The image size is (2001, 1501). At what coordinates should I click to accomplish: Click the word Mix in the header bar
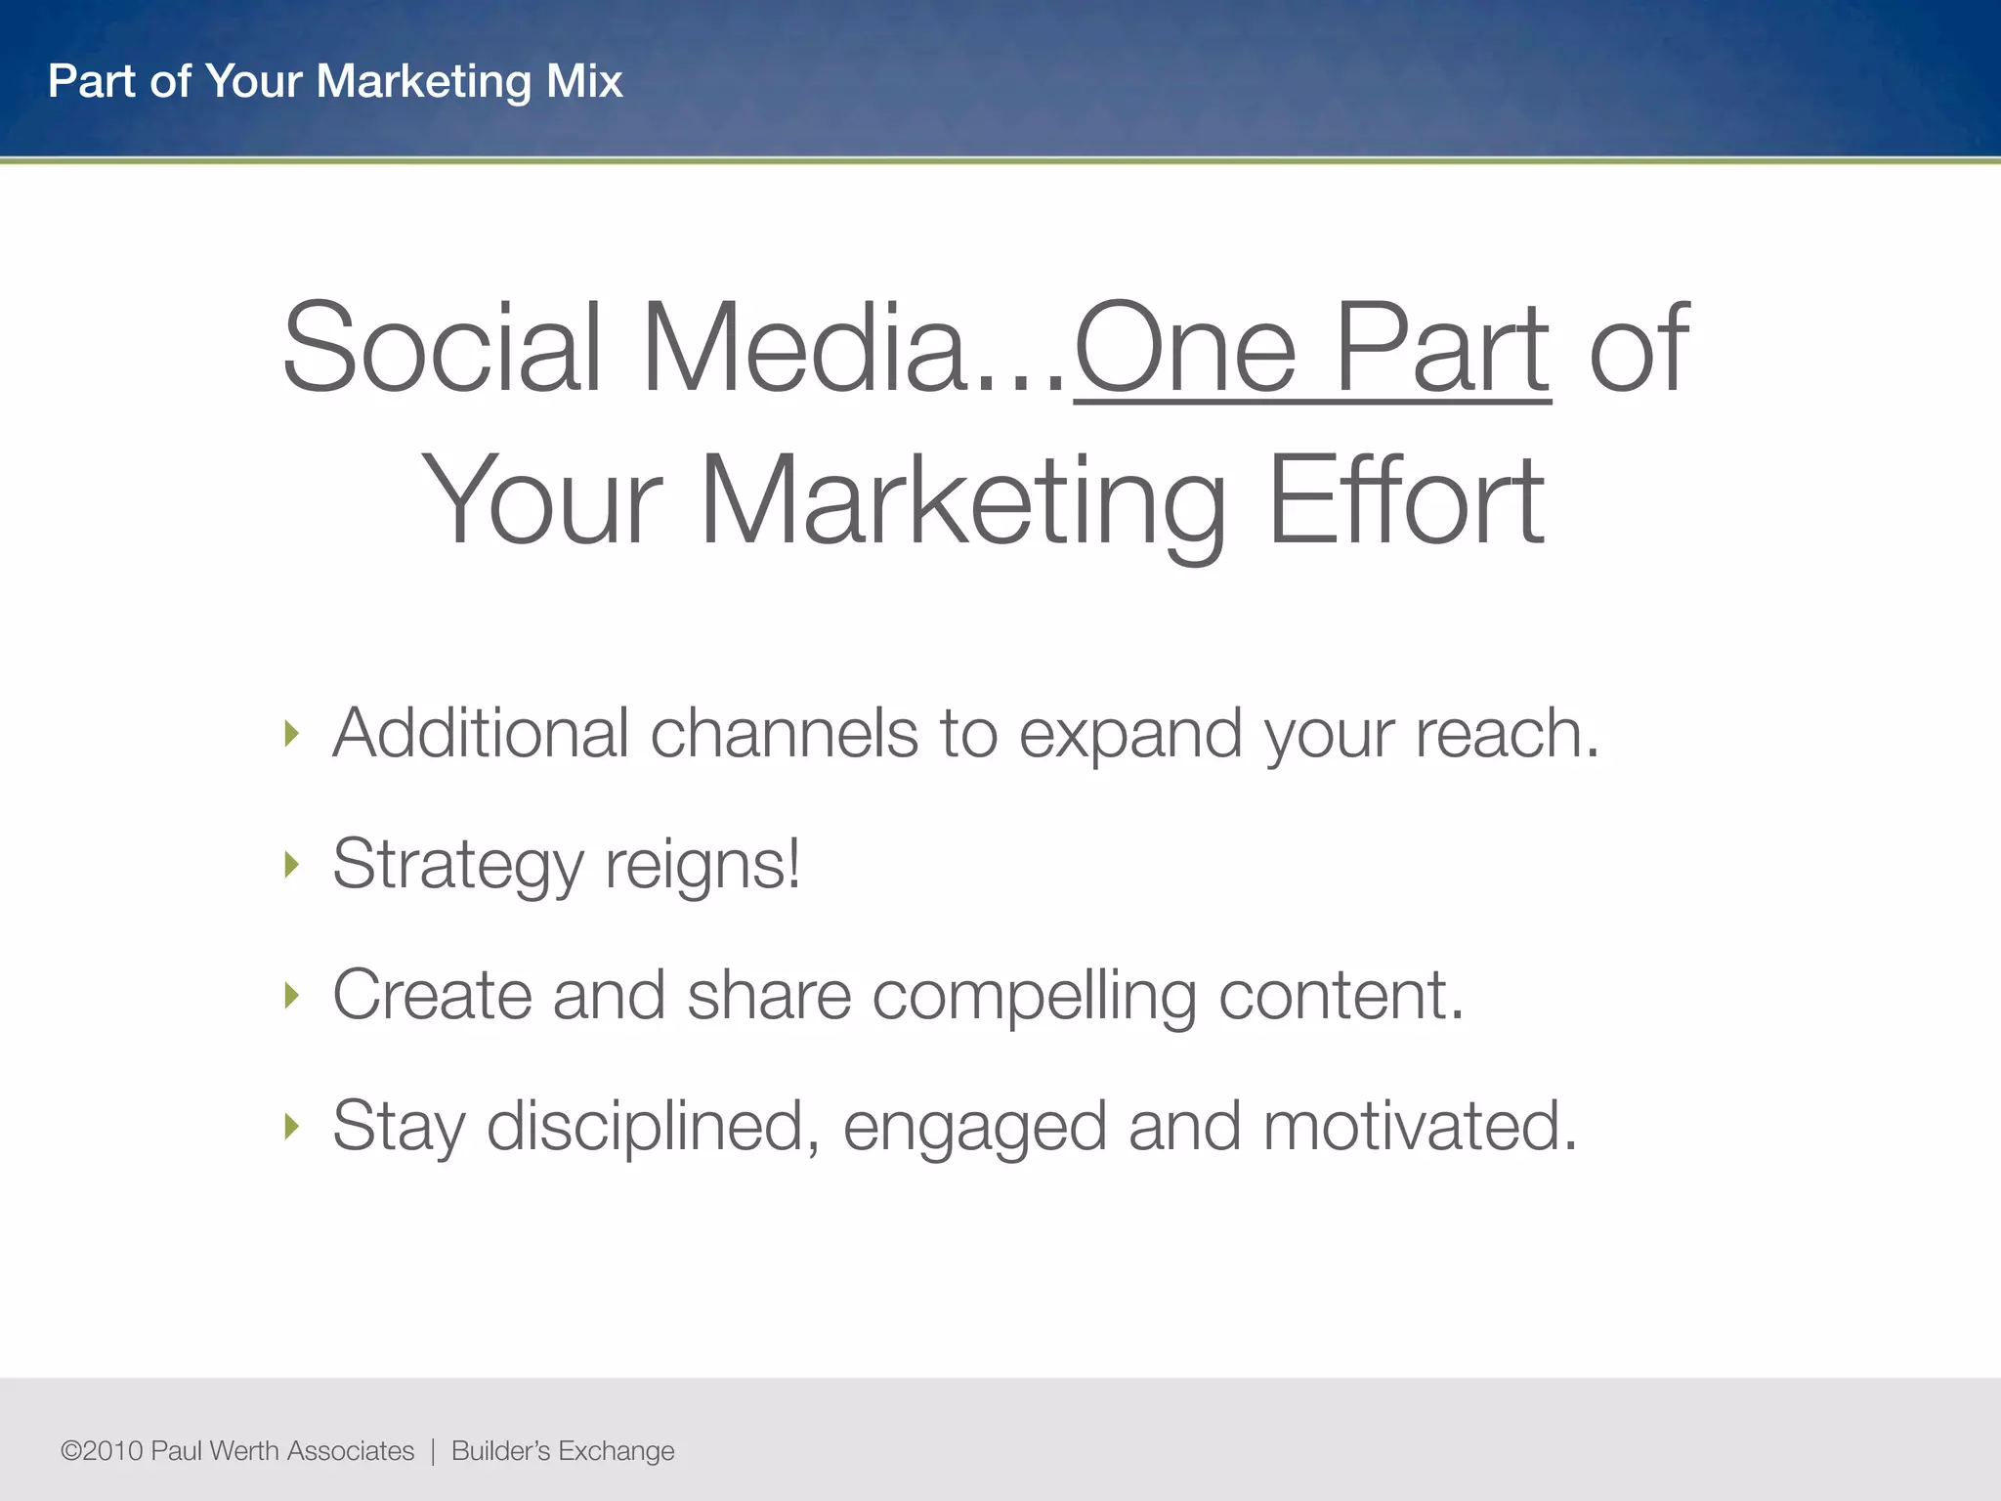tap(584, 81)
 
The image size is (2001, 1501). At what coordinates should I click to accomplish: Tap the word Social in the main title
tap(441, 348)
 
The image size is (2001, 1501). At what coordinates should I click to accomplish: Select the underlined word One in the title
tap(1185, 348)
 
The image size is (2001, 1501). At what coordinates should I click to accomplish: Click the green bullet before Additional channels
tap(291, 733)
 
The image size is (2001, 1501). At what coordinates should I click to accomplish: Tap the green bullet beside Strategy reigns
tap(291, 864)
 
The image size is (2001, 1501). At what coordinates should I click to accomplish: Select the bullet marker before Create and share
tap(291, 995)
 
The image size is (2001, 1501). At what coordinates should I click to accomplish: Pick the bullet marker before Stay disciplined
tap(291, 1126)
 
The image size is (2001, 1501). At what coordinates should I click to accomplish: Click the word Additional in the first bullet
tap(480, 733)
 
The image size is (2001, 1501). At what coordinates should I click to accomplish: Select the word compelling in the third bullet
tap(1034, 997)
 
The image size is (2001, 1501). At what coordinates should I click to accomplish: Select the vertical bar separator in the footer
tap(433, 1451)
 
